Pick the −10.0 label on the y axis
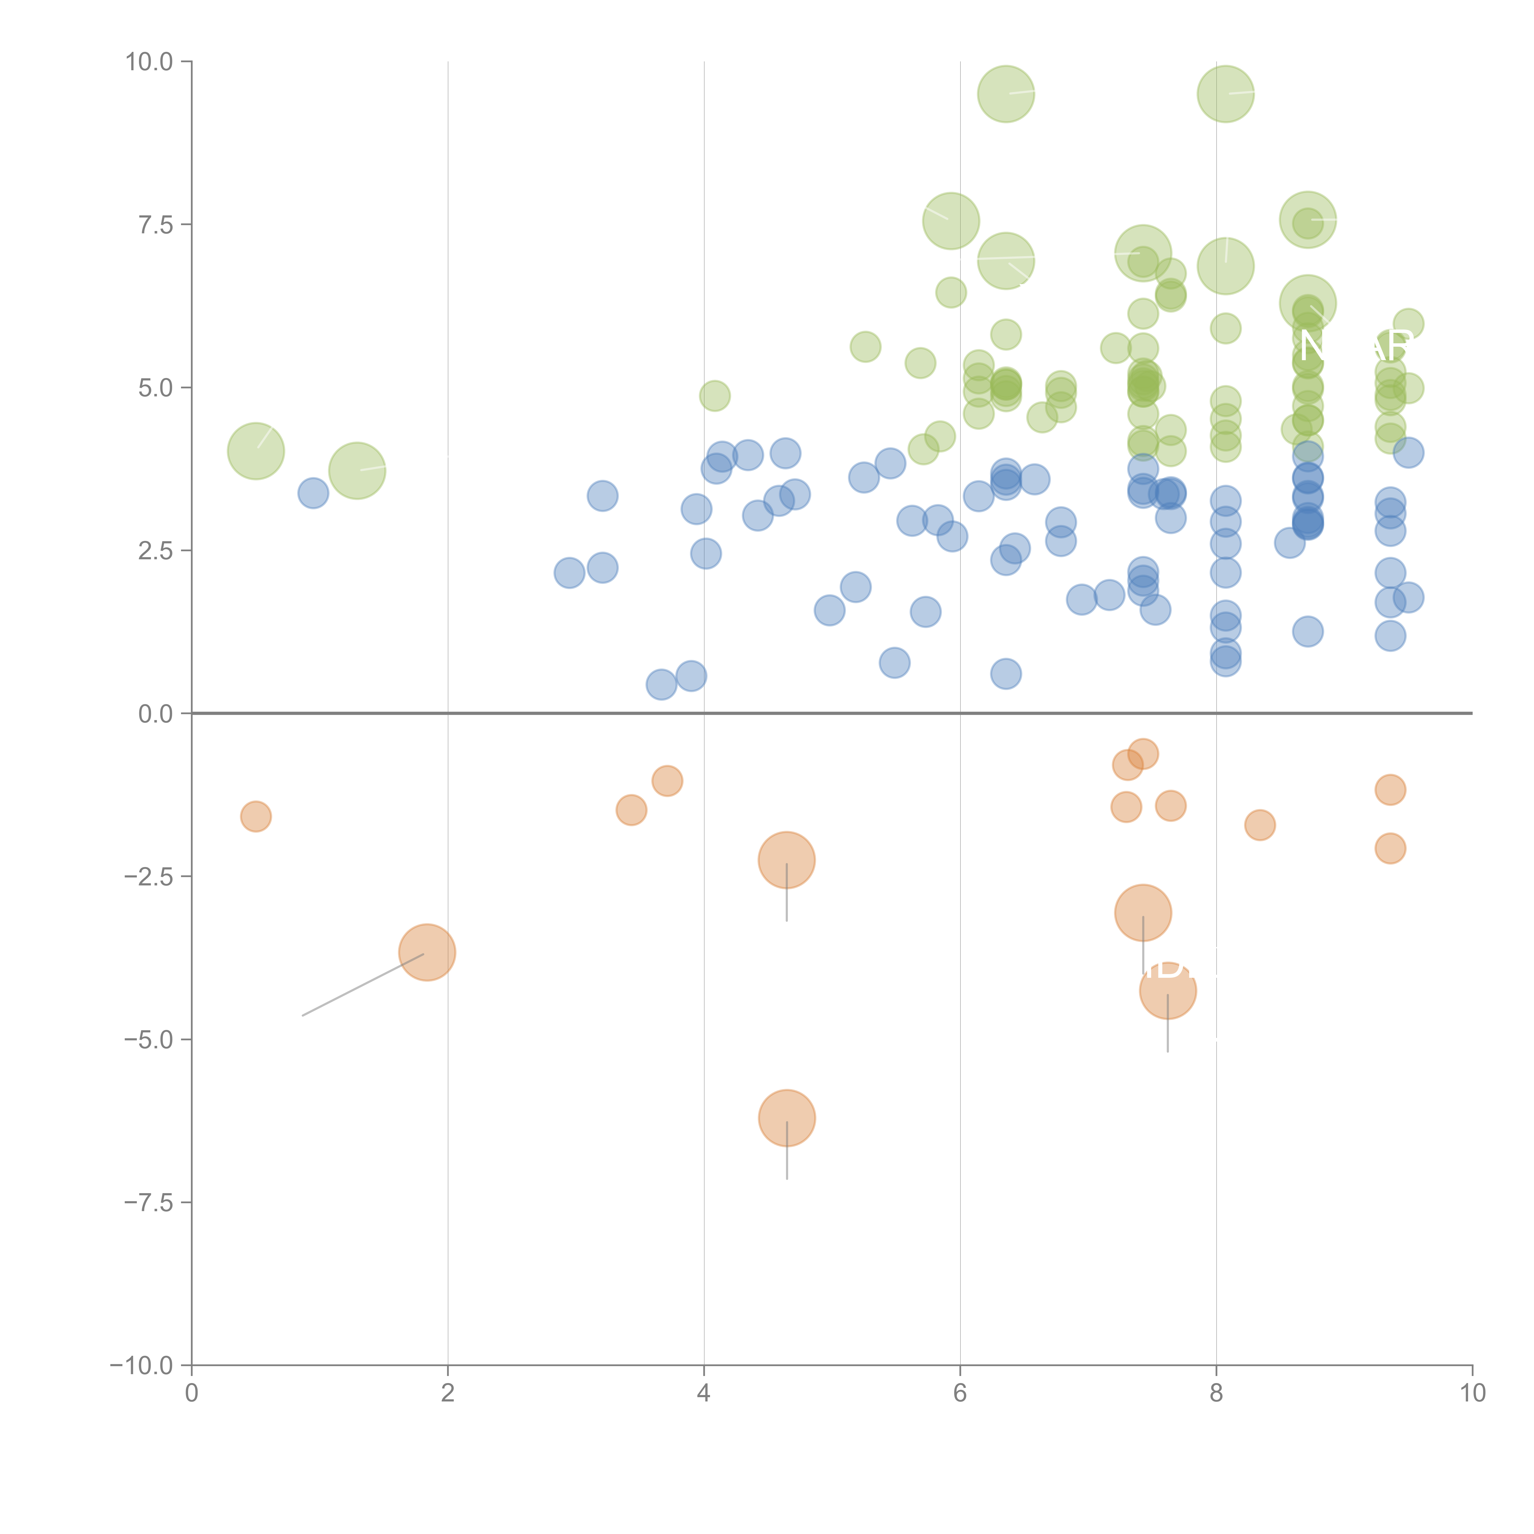[141, 1366]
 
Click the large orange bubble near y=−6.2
[787, 1118]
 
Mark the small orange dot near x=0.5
[256, 816]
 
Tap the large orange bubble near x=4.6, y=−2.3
[787, 860]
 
